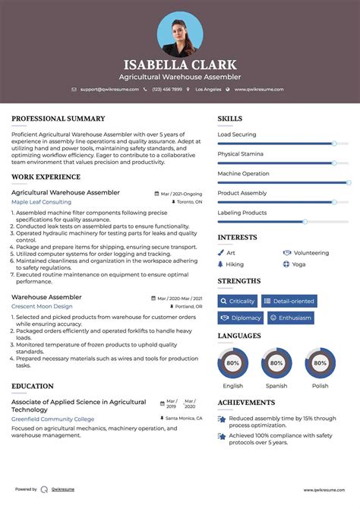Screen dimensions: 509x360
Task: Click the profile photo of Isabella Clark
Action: click(180, 33)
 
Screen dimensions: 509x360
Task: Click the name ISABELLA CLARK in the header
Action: click(180, 65)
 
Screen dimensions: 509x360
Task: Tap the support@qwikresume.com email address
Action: click(109, 90)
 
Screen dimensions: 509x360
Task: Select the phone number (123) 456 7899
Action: click(166, 90)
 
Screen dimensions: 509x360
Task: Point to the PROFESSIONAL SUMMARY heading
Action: click(58, 119)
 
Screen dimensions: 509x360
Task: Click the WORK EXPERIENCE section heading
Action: click(46, 176)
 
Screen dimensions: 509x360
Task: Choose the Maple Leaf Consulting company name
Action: click(41, 202)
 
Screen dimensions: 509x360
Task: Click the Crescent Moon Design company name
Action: click(44, 306)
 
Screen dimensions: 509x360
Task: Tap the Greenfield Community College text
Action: click(52, 419)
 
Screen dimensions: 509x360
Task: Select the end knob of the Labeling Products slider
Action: click(305, 222)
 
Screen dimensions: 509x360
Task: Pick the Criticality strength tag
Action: click(238, 302)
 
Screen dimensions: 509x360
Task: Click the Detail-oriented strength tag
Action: click(289, 302)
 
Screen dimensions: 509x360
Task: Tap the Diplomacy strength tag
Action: click(240, 318)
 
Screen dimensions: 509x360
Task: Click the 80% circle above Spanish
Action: click(276, 363)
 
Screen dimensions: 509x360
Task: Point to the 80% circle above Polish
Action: click(321, 363)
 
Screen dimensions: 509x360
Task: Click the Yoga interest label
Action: click(298, 264)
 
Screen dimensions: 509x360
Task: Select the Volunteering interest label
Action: click(311, 253)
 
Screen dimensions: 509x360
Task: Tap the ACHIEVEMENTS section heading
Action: click(246, 402)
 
